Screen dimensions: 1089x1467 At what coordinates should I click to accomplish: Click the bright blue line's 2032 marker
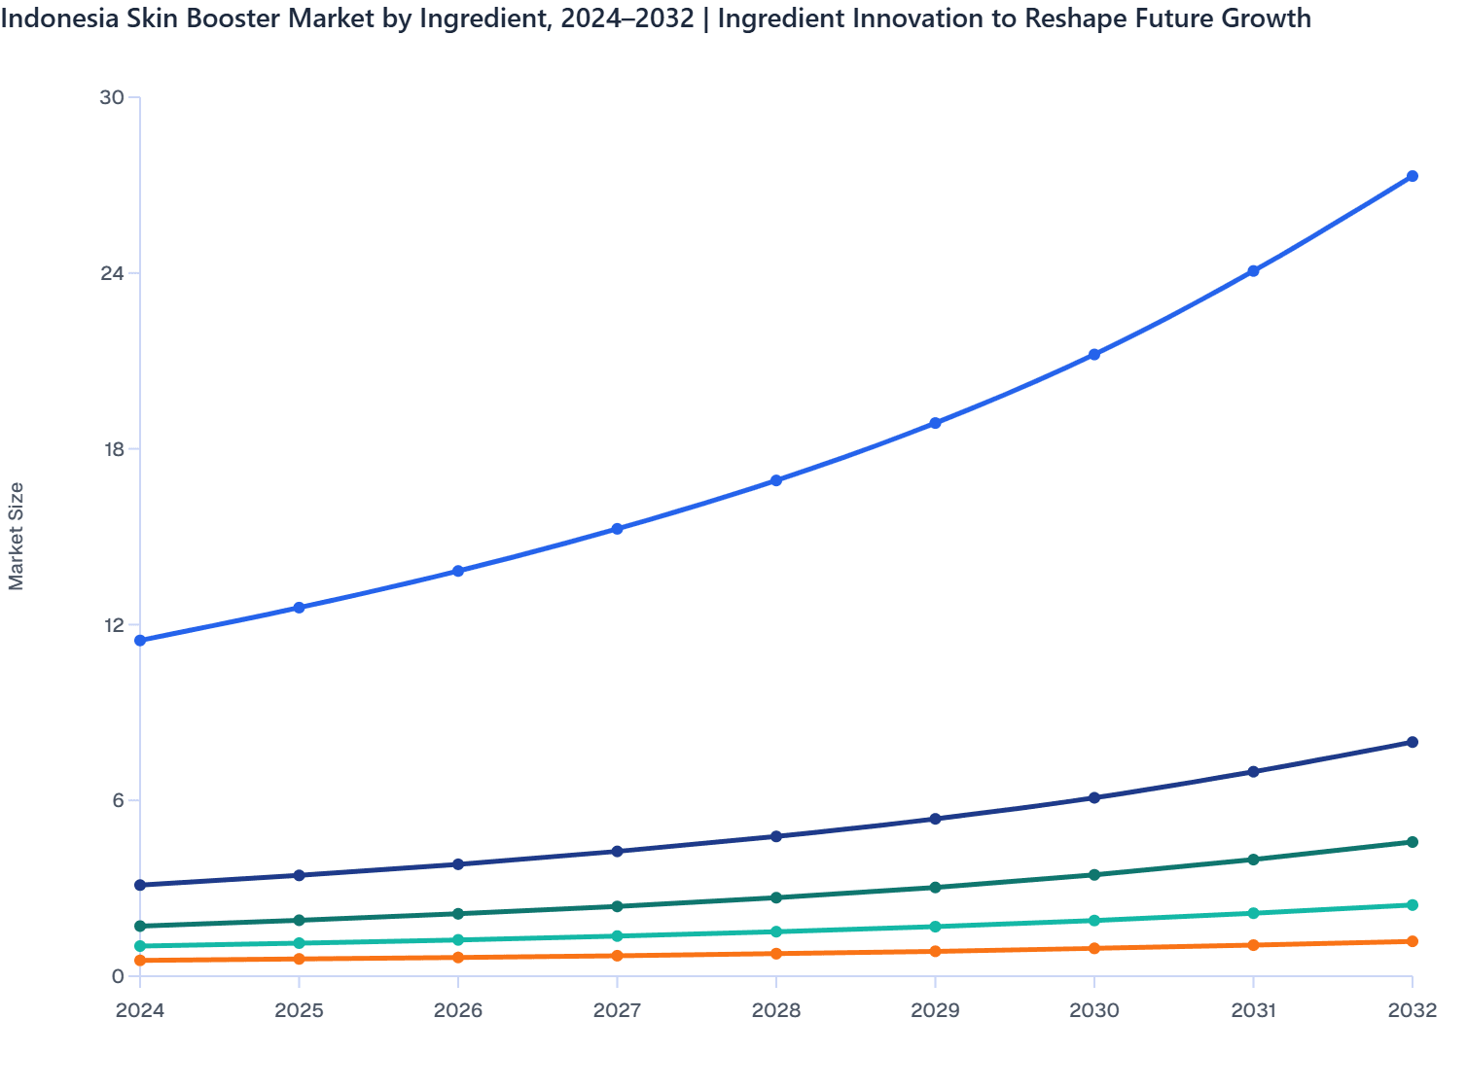[x=1413, y=176]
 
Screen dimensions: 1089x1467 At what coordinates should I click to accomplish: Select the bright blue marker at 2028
[x=776, y=480]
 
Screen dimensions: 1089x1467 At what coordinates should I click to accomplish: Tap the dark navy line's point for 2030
[x=1094, y=797]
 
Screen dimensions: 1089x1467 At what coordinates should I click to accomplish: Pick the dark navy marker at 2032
[x=1413, y=742]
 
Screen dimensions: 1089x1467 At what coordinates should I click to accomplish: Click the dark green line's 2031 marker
[x=1253, y=860]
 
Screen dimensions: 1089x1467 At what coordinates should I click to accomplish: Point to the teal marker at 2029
[x=935, y=927]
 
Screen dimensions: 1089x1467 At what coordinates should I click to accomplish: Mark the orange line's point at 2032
[x=1413, y=941]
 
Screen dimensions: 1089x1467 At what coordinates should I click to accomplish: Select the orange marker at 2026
[x=458, y=958]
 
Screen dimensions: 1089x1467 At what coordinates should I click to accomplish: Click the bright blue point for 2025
[x=300, y=608]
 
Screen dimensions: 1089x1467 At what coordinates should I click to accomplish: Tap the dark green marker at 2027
[x=617, y=906]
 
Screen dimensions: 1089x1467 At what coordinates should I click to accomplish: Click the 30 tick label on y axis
[x=112, y=97]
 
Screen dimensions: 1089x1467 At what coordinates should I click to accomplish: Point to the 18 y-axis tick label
[x=112, y=449]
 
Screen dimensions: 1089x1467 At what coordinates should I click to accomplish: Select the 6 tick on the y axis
[x=118, y=800]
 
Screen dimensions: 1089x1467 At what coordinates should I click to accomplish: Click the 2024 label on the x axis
[x=140, y=1010]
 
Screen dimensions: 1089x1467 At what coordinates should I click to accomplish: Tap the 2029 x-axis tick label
[x=935, y=1010]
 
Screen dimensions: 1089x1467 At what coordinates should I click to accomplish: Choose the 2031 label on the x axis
[x=1253, y=1010]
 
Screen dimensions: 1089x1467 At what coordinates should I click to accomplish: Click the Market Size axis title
[x=17, y=536]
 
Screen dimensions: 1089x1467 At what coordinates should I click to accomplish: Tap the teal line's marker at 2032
[x=1413, y=905]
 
